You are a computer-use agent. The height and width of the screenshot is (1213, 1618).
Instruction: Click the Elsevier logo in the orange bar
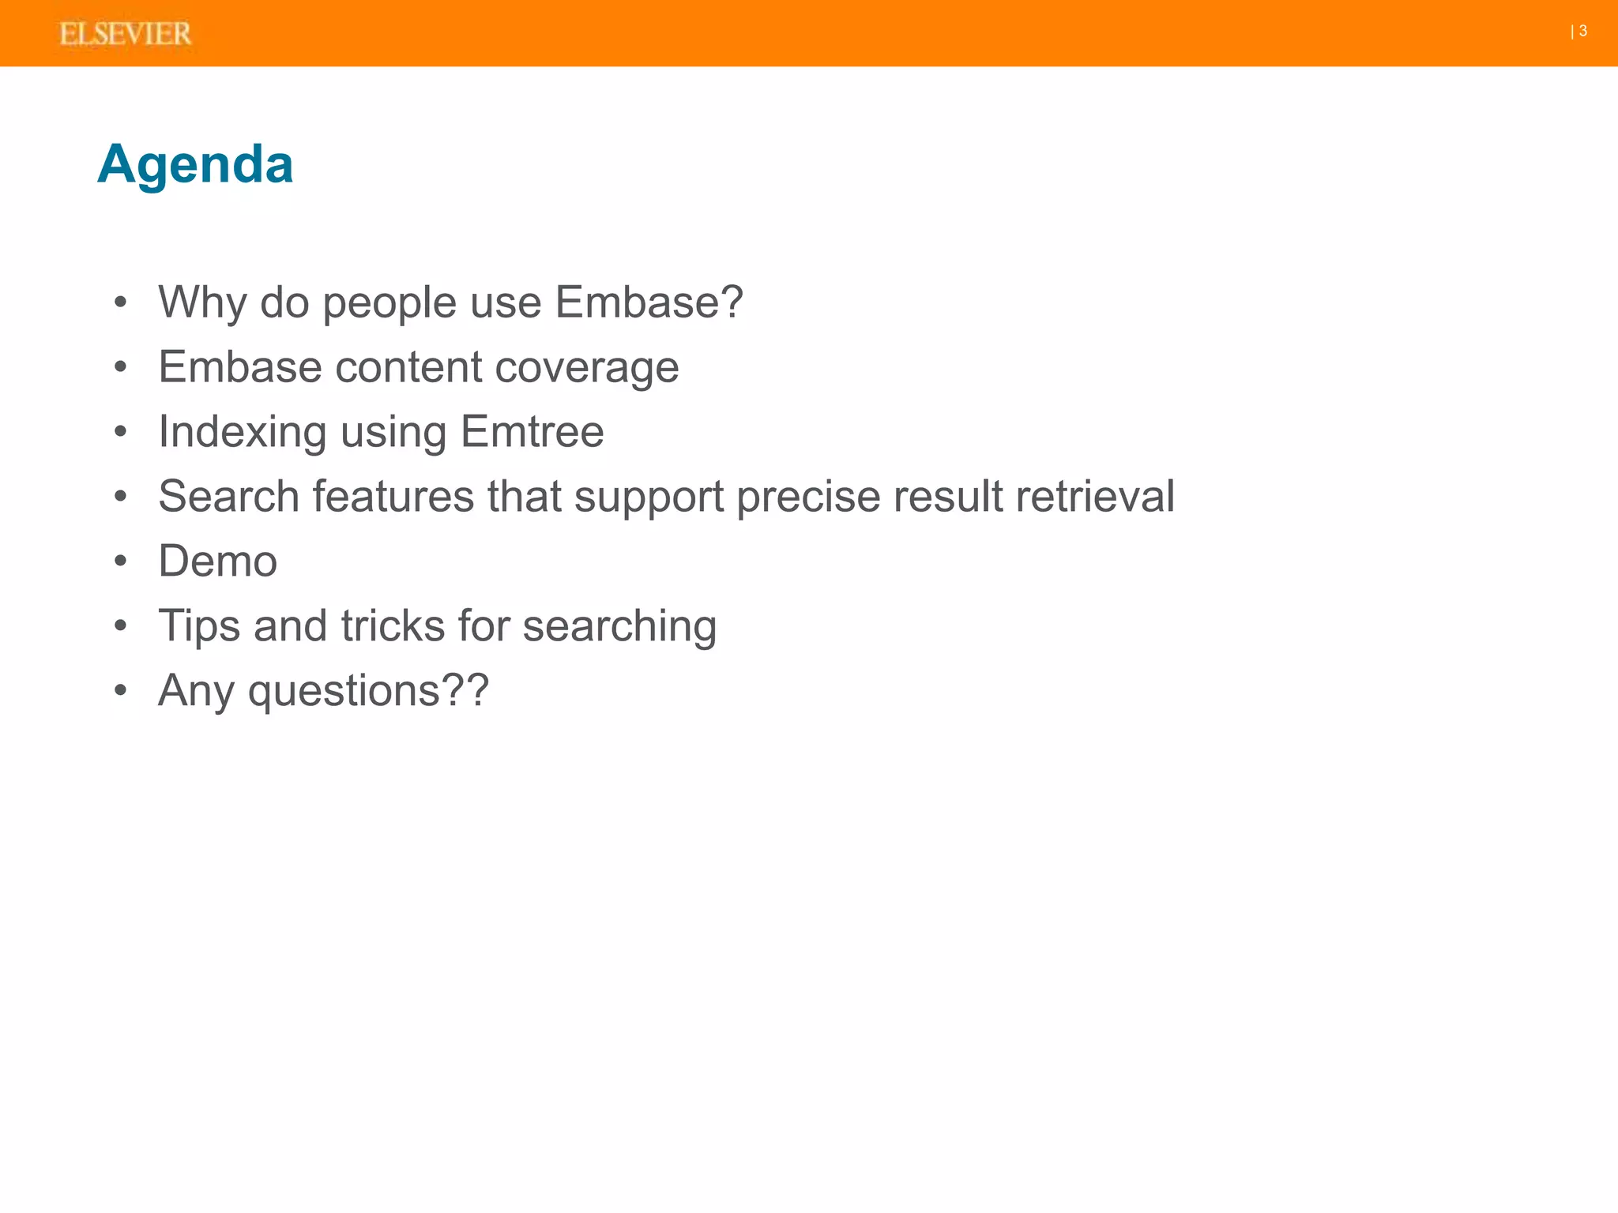coord(125,34)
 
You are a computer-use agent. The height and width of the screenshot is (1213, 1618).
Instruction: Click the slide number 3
coord(1582,31)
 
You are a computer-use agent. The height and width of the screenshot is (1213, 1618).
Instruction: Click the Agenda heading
coord(195,164)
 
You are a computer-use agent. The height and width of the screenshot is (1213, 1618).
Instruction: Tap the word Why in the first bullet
coord(202,302)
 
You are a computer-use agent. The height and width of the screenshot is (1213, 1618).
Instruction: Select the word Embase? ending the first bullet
coord(649,302)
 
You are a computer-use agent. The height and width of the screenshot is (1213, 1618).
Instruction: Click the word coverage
coord(587,368)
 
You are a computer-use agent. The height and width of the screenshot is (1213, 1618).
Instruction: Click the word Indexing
coord(242,433)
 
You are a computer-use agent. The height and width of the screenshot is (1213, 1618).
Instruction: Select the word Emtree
coord(532,431)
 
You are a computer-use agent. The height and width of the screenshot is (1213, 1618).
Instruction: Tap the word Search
coord(228,496)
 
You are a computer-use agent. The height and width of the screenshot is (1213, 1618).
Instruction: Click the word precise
coord(808,498)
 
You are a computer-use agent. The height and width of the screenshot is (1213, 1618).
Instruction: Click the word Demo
coord(217,561)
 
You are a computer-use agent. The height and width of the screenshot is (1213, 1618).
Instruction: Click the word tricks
coord(393,625)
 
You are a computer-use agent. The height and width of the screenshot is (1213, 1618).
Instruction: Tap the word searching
coord(619,627)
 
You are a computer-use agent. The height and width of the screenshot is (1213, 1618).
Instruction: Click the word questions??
coord(368,692)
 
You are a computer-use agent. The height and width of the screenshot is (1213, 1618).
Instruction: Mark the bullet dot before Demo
coord(120,561)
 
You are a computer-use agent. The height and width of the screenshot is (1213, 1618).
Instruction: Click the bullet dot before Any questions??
coord(120,691)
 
